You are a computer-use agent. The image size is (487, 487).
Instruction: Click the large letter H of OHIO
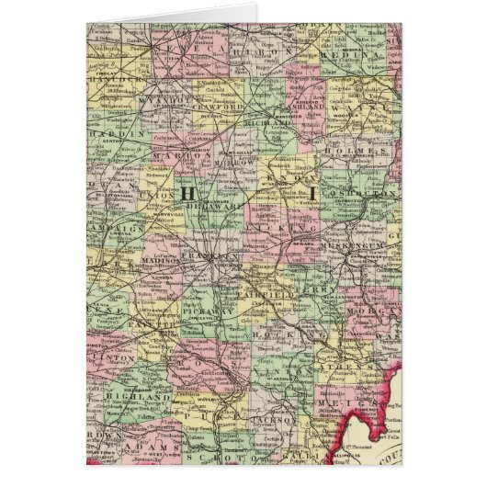pyautogui.click(x=187, y=193)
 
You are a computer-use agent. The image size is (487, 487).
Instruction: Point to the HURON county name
pyautogui.click(x=267, y=54)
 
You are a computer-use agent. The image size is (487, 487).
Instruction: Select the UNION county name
pyautogui.click(x=161, y=198)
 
